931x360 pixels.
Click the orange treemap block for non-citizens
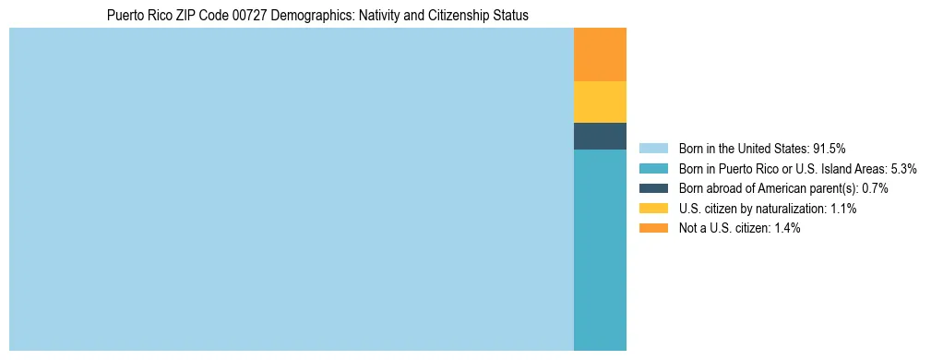click(600, 54)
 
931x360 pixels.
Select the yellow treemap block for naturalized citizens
click(600, 102)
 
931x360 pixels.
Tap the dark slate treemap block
click(600, 136)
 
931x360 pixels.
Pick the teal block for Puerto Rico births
click(600, 249)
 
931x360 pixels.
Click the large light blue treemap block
click(291, 189)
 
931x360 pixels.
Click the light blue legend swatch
click(652, 148)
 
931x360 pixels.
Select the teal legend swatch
click(652, 168)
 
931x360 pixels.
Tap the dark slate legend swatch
click(652, 188)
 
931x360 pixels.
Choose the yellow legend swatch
click(652, 209)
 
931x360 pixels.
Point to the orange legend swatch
click(652, 228)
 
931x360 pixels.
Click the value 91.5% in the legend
click(830, 148)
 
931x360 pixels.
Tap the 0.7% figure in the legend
click(875, 188)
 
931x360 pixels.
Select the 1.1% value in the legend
click(841, 209)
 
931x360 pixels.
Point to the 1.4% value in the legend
click(785, 228)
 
